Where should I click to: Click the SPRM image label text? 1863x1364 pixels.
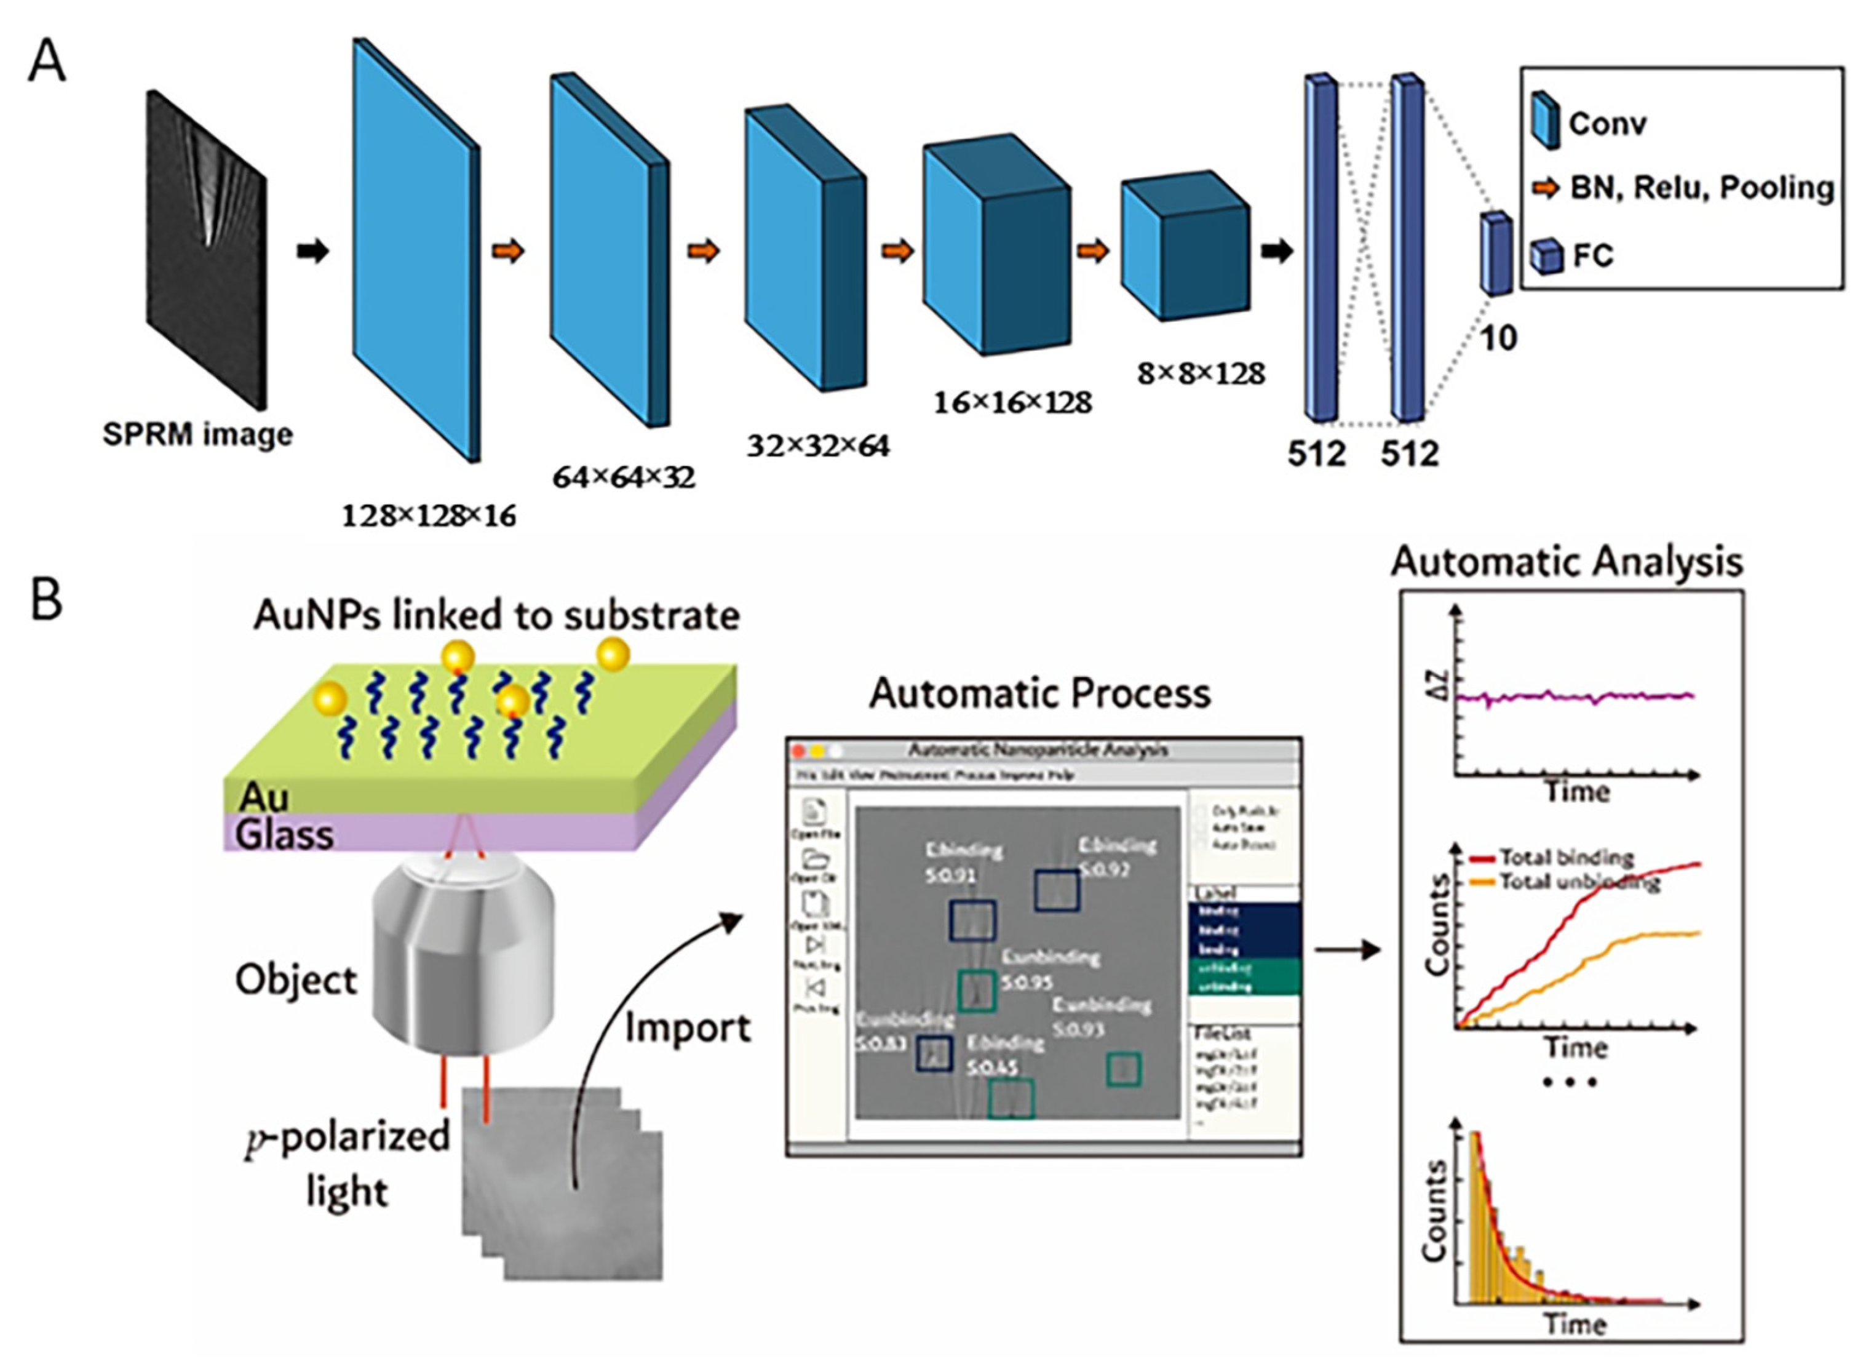[x=197, y=434]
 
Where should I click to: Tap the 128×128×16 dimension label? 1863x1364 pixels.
[x=429, y=516]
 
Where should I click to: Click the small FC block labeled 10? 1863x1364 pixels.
[x=1495, y=253]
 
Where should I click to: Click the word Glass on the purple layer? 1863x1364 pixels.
[x=285, y=835]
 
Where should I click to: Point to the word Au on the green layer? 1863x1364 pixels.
[x=263, y=797]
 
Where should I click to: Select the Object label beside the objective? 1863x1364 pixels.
[x=295, y=980]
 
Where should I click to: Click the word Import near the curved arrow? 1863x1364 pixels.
[x=688, y=1028]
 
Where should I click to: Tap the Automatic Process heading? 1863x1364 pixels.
[x=1040, y=693]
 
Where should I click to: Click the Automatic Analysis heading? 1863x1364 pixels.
[x=1566, y=562]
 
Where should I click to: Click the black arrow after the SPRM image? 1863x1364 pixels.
[x=313, y=251]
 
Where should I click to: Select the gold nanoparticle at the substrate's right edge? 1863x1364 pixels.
[x=613, y=655]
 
